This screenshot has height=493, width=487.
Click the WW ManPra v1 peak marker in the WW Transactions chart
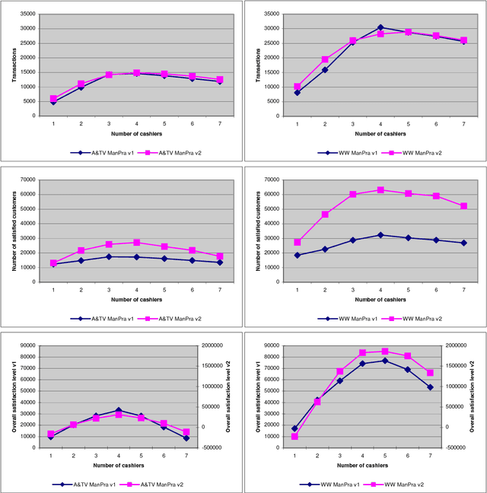coord(380,27)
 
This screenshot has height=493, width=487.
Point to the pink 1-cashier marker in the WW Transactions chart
coord(297,87)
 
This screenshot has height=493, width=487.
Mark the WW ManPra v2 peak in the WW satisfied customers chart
coord(380,190)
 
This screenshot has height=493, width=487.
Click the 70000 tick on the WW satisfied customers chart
coord(269,180)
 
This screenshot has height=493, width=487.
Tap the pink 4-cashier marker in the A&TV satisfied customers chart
coord(137,242)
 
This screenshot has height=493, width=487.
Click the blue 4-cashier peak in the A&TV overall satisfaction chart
coord(118,410)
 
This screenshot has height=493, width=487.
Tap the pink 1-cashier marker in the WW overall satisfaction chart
coord(294,437)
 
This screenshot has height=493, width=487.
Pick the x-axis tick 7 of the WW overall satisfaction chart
coord(431,455)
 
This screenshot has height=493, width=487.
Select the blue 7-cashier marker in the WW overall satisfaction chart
coord(431,387)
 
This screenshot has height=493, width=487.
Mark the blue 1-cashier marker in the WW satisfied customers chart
coord(297,255)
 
